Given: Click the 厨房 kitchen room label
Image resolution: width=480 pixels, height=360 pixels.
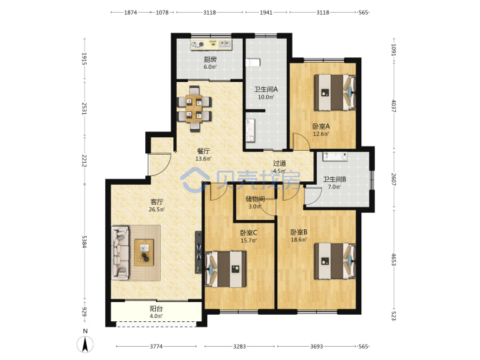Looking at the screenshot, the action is point(210,59).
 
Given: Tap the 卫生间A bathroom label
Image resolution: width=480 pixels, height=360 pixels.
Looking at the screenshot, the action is point(266,89).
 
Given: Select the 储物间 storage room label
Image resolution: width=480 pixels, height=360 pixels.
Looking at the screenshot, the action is point(255,199).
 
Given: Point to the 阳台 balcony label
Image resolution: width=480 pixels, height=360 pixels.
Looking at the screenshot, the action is point(156,309).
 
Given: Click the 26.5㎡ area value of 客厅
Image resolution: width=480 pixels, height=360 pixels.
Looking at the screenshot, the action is point(157,210).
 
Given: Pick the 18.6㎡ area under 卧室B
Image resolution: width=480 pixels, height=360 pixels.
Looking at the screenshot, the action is point(299,240).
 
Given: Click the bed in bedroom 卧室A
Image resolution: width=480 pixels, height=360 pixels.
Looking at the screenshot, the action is point(335,92).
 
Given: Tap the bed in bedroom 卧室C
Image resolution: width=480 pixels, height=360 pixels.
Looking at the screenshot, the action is point(226,269).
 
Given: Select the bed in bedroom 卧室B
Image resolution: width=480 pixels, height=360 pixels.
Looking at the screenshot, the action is point(335,261).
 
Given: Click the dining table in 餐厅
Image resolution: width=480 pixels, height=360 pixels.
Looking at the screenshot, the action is point(195,109).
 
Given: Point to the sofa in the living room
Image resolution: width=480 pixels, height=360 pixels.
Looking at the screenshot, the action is point(120,253).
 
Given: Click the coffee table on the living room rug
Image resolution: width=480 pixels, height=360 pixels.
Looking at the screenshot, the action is point(144,252).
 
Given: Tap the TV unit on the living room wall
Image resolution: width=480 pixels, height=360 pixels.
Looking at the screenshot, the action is point(199,252).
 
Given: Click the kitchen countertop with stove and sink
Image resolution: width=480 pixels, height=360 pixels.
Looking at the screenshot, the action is point(211,45).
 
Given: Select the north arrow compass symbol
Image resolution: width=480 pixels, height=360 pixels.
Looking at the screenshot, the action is point(85,341).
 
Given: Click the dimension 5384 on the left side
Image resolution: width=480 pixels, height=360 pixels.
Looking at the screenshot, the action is point(85,242).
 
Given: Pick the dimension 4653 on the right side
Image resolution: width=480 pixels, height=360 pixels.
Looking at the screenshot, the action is point(394,259).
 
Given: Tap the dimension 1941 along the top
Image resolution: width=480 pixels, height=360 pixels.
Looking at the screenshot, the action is point(266,13).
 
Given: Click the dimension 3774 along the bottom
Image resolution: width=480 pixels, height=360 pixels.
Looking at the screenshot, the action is point(156,346).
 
